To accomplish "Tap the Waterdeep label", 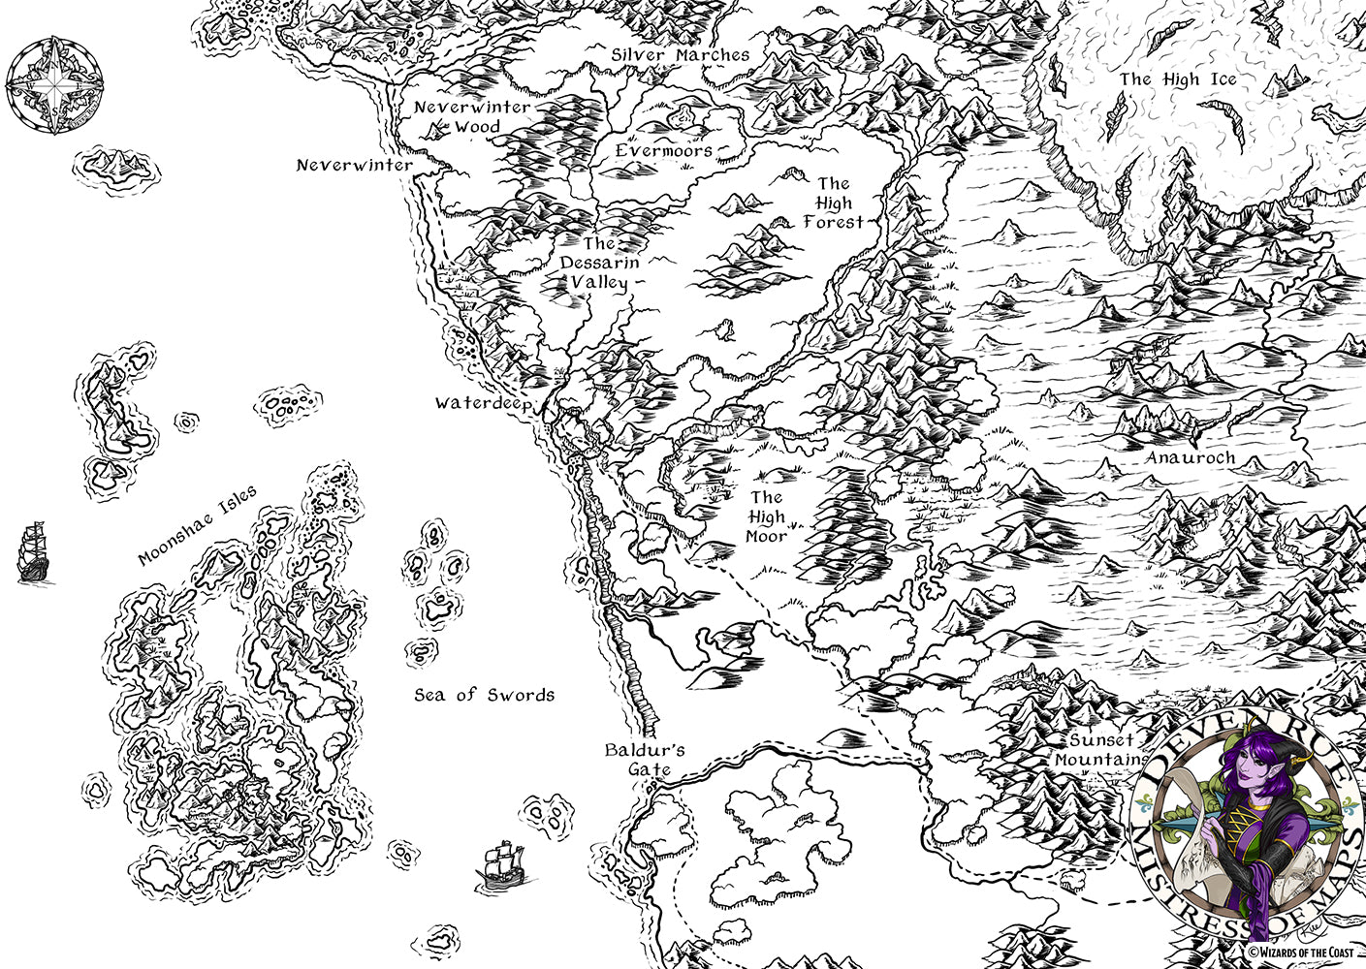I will [483, 403].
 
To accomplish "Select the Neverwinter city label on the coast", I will [354, 166].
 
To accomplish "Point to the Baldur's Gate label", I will [645, 759].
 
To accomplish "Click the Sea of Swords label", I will [484, 695].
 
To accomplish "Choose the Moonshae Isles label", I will [197, 525].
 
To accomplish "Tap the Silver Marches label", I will [681, 55].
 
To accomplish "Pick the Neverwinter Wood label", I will [472, 116].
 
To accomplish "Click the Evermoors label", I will [664, 151].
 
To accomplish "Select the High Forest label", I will [833, 202].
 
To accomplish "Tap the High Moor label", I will [766, 516].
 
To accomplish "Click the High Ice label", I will [1178, 79].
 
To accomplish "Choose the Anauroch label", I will [1190, 457].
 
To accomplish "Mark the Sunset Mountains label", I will [1098, 750].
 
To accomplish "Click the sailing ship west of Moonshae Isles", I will [33, 552].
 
